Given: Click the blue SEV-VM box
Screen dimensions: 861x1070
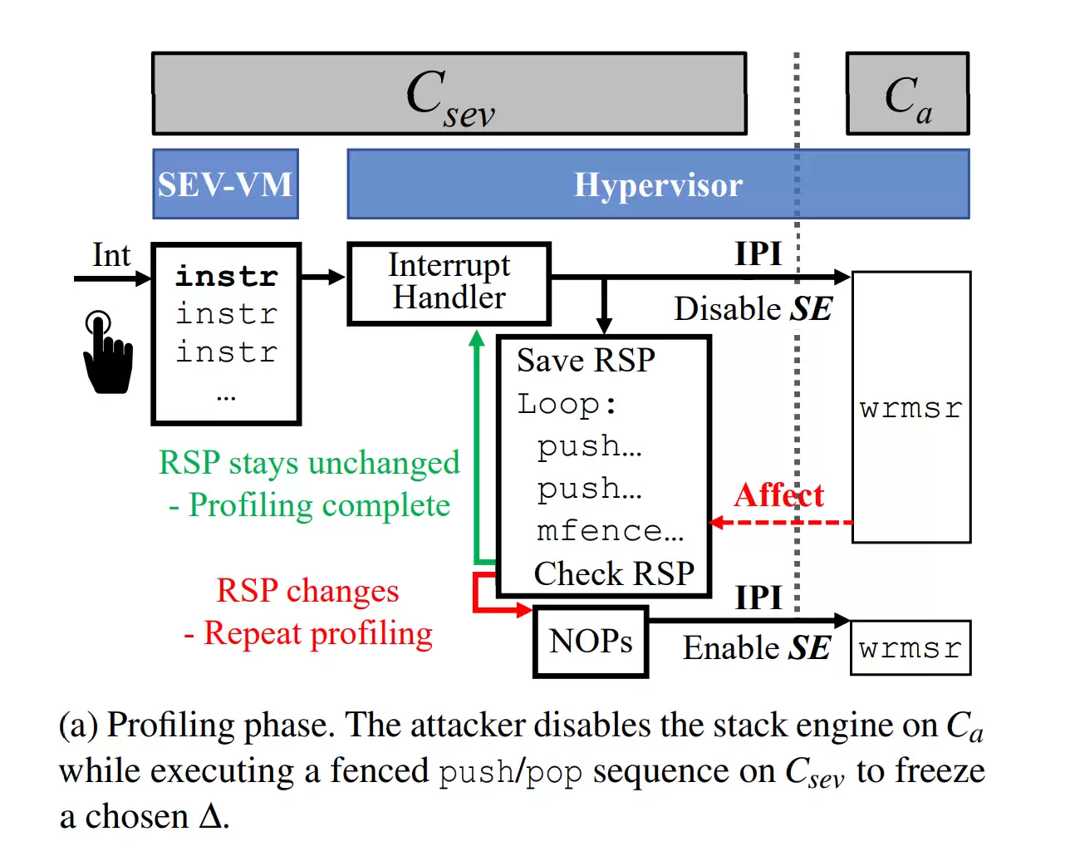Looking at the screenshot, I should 225,184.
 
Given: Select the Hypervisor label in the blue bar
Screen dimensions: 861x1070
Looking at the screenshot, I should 658,185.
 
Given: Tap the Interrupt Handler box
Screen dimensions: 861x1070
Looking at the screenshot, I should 449,283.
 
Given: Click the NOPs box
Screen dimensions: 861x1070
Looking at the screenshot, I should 591,642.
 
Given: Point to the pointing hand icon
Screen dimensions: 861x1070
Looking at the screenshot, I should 107,353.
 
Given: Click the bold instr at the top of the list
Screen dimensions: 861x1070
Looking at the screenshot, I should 226,276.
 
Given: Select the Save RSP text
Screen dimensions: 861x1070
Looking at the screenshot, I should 586,361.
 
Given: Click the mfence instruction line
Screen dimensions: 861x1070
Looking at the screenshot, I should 610,530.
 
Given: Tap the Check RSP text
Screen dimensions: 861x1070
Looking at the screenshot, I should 614,573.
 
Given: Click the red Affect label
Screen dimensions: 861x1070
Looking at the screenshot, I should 778,495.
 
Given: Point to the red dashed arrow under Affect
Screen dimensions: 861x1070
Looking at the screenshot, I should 781,523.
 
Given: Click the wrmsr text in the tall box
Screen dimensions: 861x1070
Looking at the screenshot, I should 910,408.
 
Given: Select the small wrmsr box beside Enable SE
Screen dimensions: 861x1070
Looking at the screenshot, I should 910,648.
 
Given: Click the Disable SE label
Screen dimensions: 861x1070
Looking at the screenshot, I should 753,309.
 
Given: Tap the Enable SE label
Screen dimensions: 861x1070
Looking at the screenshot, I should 756,648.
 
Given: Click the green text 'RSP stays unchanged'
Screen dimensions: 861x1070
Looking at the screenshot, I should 309,463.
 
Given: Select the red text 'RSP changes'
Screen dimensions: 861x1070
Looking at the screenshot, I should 307,591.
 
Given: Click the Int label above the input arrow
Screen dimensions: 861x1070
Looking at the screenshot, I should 110,255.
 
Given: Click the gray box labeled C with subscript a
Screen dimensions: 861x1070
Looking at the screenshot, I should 907,94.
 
